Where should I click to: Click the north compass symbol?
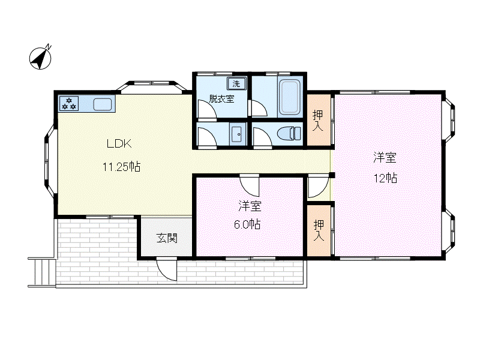pyautogui.click(x=40, y=58)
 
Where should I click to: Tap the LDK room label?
pyautogui.click(x=119, y=143)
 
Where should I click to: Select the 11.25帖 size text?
pyautogui.click(x=121, y=167)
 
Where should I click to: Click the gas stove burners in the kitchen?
pyautogui.click(x=69, y=103)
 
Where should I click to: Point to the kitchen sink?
pyautogui.click(x=102, y=104)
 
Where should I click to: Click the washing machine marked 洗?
pyautogui.click(x=236, y=83)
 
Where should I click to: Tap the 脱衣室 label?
pyautogui.click(x=221, y=99)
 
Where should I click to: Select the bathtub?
pyautogui.click(x=290, y=97)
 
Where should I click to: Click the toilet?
pyautogui.click(x=289, y=133)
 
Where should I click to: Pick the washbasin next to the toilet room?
pyautogui.click(x=238, y=134)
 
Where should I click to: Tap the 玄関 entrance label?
pyautogui.click(x=167, y=238)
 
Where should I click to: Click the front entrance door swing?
pyautogui.click(x=167, y=269)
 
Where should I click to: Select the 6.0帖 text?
pyautogui.click(x=247, y=224)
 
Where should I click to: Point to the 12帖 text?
pyautogui.click(x=385, y=178)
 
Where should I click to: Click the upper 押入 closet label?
pyautogui.click(x=318, y=121)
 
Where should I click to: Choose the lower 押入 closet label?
pyautogui.click(x=319, y=230)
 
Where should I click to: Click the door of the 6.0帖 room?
pyautogui.click(x=250, y=185)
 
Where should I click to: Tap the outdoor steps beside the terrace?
pyautogui.click(x=41, y=272)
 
